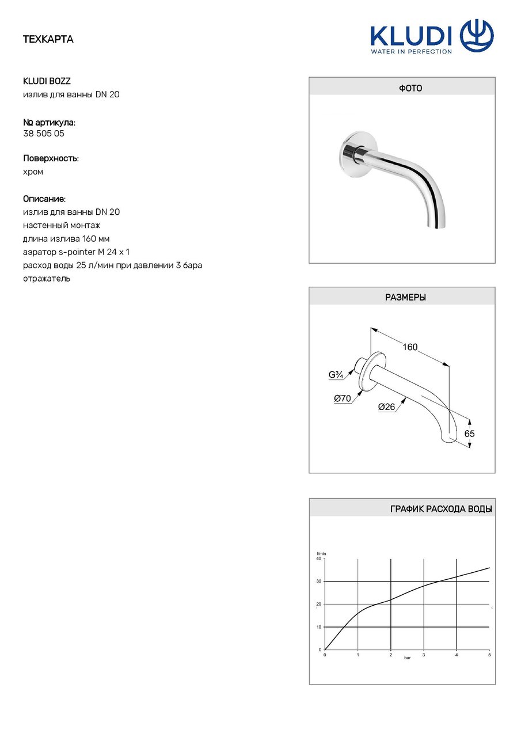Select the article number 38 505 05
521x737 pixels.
coord(44,133)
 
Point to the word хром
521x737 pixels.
coord(33,172)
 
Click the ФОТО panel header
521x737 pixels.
coord(402,88)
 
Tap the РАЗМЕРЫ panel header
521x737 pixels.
coord(402,298)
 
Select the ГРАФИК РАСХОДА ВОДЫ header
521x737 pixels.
coord(441,509)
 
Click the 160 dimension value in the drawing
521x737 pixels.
coord(410,347)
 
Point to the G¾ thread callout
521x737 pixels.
coord(336,375)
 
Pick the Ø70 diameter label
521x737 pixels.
coord(342,398)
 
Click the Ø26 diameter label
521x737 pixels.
coord(386,407)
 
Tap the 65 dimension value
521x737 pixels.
coord(469,434)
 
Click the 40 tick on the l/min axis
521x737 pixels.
coord(319,559)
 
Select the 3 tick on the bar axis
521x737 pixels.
coord(424,655)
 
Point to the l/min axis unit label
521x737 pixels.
coord(321,553)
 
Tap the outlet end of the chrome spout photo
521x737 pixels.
coord(436,224)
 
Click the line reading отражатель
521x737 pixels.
coord(47,279)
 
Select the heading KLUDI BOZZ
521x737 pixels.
coord(47,81)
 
